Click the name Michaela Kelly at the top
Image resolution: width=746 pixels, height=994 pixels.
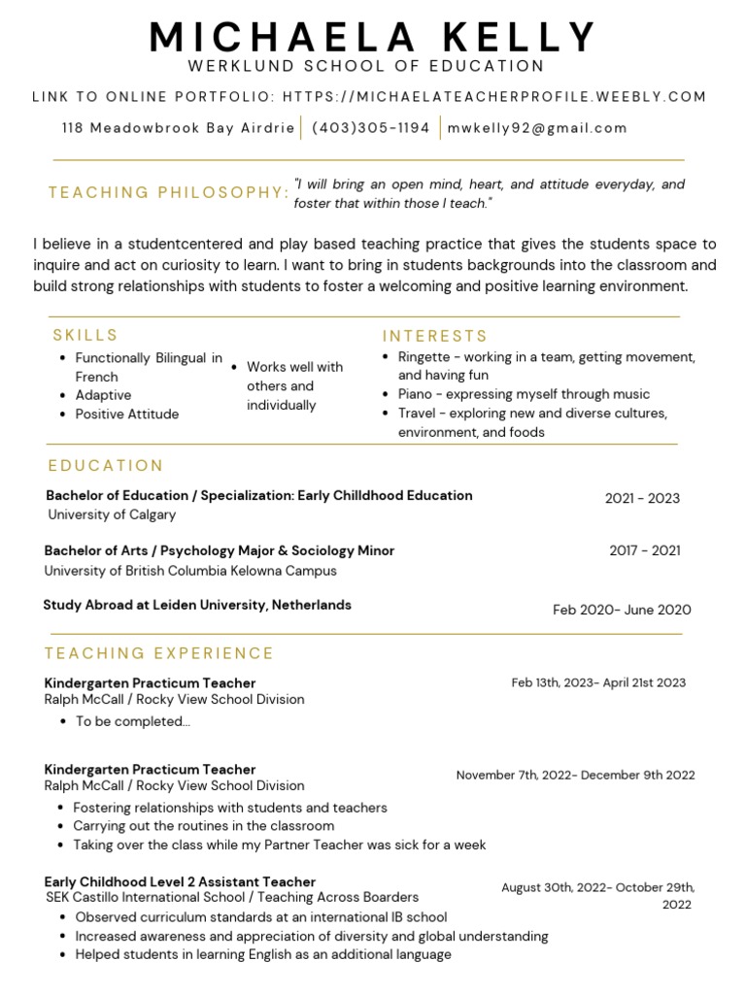pyautogui.click(x=373, y=37)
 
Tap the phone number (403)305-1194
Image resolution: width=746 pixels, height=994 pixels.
pyautogui.click(x=370, y=127)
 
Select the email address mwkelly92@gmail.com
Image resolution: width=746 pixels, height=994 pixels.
pyautogui.click(x=537, y=127)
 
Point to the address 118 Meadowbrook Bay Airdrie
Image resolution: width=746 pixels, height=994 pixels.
pyautogui.click(x=178, y=127)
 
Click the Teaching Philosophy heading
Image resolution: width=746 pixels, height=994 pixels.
pyautogui.click(x=168, y=192)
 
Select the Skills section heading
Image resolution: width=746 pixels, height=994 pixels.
pyautogui.click(x=85, y=335)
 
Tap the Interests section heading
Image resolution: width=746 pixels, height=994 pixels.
pyautogui.click(x=434, y=336)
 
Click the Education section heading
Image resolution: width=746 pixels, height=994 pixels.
pyautogui.click(x=106, y=466)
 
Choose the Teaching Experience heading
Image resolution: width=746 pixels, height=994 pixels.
pyautogui.click(x=159, y=653)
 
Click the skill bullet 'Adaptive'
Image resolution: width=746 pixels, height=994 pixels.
pyautogui.click(x=103, y=395)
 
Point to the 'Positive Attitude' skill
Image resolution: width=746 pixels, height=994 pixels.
pyautogui.click(x=126, y=414)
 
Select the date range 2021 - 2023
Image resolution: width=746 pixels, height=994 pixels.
pyautogui.click(x=642, y=498)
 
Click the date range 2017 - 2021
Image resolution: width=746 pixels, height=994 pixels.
pyautogui.click(x=645, y=550)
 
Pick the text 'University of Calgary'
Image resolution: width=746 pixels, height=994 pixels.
pyautogui.click(x=112, y=514)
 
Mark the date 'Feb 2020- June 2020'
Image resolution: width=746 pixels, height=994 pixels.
pyautogui.click(x=622, y=610)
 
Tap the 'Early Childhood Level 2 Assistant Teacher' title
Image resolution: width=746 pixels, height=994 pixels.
pyautogui.click(x=180, y=881)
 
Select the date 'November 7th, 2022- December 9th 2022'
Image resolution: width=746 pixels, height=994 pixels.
pyautogui.click(x=575, y=775)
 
